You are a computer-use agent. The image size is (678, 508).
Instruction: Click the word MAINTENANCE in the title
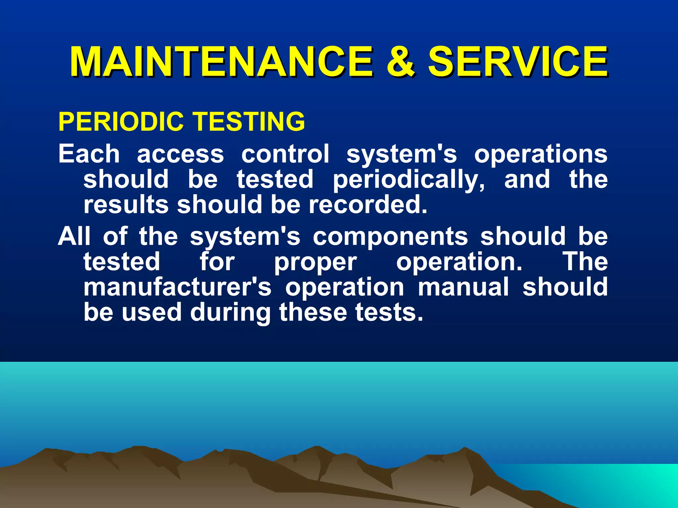[x=221, y=62]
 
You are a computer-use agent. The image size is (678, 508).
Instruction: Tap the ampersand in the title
[x=400, y=62]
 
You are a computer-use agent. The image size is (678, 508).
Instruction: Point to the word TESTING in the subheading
[x=249, y=121]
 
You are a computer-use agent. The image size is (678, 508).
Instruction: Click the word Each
[x=89, y=154]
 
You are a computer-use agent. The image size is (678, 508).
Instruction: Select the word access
[x=180, y=154]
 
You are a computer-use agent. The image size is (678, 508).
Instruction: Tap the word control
[x=285, y=154]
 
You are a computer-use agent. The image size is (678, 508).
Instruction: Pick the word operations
[x=541, y=154]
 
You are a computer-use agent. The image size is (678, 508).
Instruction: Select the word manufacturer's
[x=177, y=287]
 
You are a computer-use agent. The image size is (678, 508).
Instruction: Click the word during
[x=230, y=313]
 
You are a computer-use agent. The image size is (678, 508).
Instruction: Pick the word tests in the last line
[x=389, y=313]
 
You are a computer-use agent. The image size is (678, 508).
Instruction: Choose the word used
[x=152, y=313]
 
